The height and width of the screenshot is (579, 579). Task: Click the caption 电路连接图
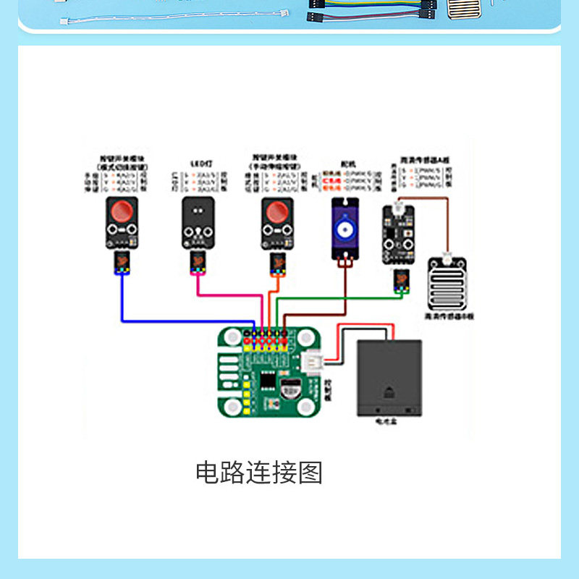(x=258, y=473)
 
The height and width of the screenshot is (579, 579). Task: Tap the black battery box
(x=389, y=378)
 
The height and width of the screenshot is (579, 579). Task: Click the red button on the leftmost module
(x=122, y=212)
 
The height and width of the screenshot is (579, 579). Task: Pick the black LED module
(x=198, y=221)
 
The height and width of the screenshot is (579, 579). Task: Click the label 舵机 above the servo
(x=345, y=164)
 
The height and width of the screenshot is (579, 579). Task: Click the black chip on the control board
(x=268, y=381)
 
